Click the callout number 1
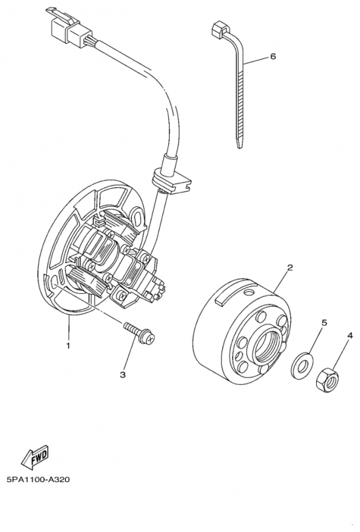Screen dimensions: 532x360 coord(67,345)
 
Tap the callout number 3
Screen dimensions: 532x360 coord(122,375)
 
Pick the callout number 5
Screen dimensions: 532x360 coord(324,323)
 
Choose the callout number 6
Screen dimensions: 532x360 coord(272,58)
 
